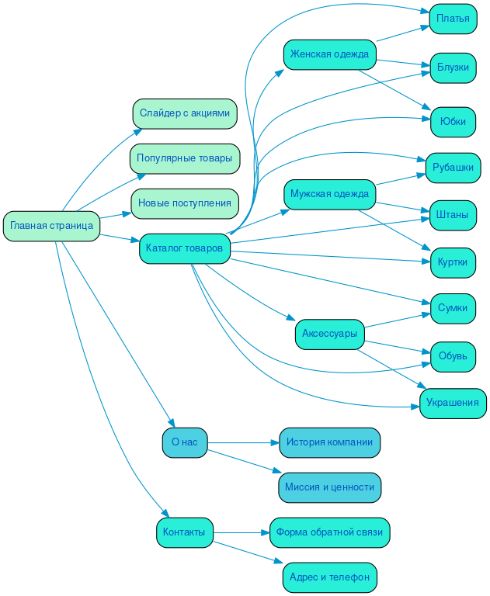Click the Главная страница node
(x=51, y=226)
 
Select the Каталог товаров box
(x=185, y=248)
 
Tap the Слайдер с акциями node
(x=185, y=113)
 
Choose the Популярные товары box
(x=185, y=158)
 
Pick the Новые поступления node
(x=185, y=203)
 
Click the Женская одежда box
(x=330, y=54)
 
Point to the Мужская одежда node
(x=330, y=193)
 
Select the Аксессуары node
(x=330, y=334)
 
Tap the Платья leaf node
(x=453, y=19)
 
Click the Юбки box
(x=453, y=122)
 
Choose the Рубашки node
(x=453, y=168)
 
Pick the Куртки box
(x=453, y=262)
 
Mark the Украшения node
(x=454, y=404)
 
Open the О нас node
(x=185, y=442)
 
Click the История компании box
(x=329, y=442)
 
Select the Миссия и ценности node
(x=329, y=487)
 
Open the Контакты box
(x=185, y=532)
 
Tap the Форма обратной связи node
(x=329, y=532)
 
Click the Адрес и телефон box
(x=329, y=577)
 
